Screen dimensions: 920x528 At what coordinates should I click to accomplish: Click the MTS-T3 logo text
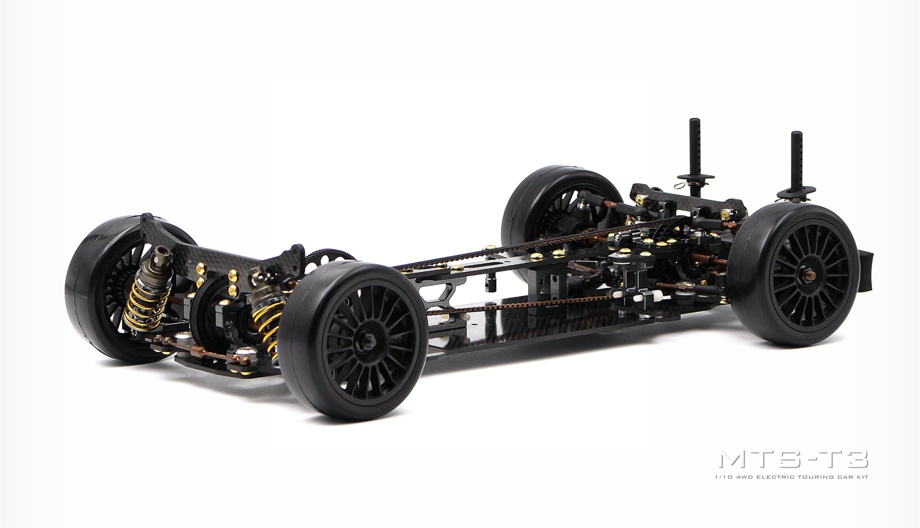point(794,459)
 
